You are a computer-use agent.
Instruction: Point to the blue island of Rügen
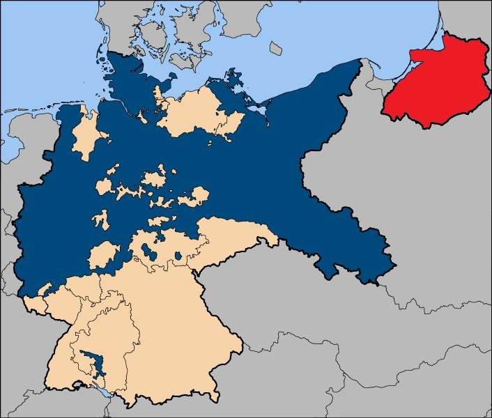pos(233,78)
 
